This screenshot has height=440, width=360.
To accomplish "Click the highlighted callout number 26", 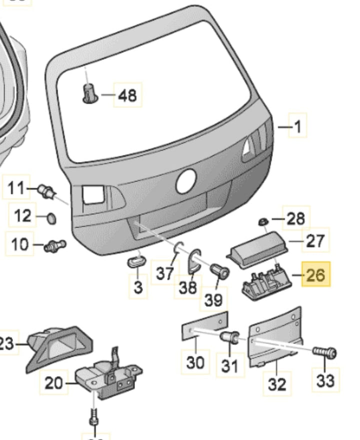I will [x=316, y=274].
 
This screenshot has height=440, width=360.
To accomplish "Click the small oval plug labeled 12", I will [x=50, y=218].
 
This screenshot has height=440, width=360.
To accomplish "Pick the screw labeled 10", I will [x=54, y=245].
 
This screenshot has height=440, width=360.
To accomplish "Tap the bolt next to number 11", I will [x=48, y=191].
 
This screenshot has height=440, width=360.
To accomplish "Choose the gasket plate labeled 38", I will [x=195, y=260].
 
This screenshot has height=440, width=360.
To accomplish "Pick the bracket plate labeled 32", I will [x=274, y=338].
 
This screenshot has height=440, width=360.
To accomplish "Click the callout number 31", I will [x=230, y=366].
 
